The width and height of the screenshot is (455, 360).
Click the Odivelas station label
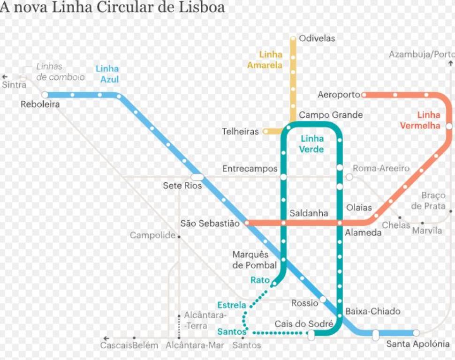point(317,38)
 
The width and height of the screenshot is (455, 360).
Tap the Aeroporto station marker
point(364,95)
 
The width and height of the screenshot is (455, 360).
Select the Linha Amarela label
point(265,60)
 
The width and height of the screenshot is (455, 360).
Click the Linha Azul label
point(107,74)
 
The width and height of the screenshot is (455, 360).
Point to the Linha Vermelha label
point(420,120)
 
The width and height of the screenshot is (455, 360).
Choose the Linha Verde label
point(312,144)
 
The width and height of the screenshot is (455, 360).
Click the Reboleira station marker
point(45,95)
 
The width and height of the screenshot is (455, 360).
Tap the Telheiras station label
point(240,132)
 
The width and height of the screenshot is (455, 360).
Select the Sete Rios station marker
point(197,177)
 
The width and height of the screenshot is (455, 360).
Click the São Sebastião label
point(210,223)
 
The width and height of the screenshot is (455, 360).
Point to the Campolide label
point(152,235)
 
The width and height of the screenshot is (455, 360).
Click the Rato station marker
point(274,283)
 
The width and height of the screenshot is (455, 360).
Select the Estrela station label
point(231,305)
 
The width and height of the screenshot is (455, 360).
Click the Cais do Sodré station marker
point(311,335)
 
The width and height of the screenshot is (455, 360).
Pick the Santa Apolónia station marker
point(416,333)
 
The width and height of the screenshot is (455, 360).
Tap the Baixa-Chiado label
point(373,311)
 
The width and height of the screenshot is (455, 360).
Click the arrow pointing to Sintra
point(6,76)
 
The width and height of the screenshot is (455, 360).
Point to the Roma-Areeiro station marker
point(349,177)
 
